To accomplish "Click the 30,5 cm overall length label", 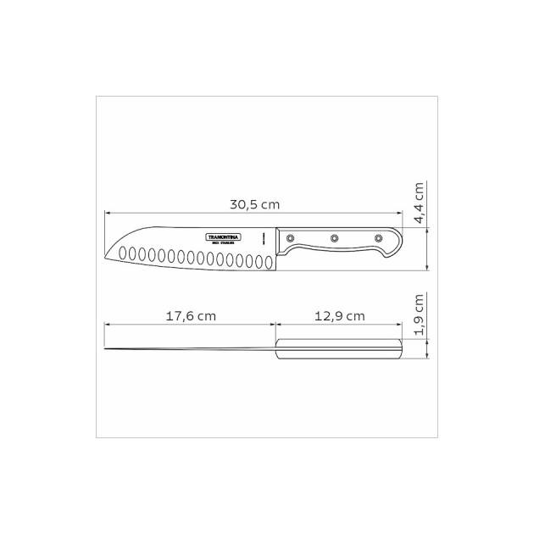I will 255,204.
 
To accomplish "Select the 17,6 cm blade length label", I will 191,315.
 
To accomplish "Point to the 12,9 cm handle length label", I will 339,315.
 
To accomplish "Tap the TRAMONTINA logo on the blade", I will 224,235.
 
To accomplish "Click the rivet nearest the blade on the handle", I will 291,238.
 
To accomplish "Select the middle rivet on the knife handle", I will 334,238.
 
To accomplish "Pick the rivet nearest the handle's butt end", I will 378,238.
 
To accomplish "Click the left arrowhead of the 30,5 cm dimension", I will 108,214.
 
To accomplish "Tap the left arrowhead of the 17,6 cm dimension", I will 108,324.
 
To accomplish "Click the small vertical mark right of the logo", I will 264,236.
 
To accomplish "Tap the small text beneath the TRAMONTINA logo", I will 225,242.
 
